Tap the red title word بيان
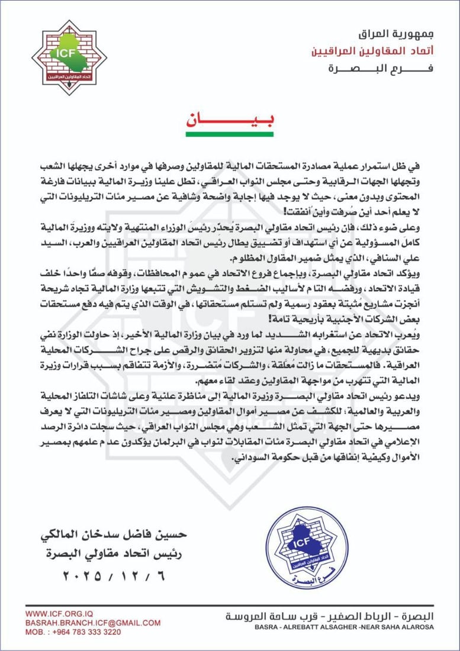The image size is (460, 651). pos(230,119)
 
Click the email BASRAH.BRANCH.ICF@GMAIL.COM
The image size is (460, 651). pos(93,623)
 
